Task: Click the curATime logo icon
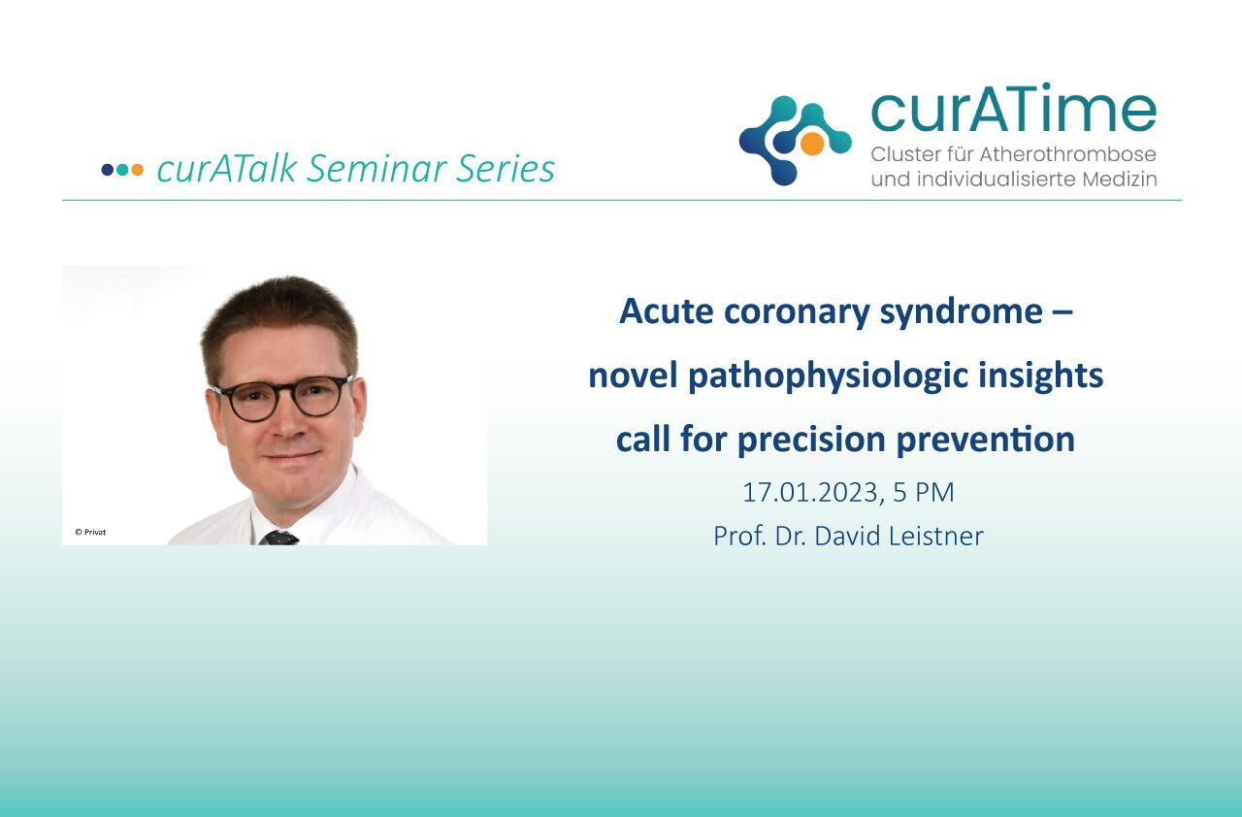pyautogui.click(x=795, y=141)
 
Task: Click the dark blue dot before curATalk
pyautogui.click(x=107, y=170)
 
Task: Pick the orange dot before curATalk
pyautogui.click(x=137, y=170)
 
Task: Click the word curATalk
pyautogui.click(x=227, y=168)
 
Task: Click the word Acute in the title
pyautogui.click(x=667, y=311)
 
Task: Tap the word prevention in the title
pyautogui.click(x=986, y=441)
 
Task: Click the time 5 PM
pyautogui.click(x=924, y=492)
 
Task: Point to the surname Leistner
pyautogui.click(x=936, y=536)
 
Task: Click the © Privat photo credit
pyautogui.click(x=90, y=532)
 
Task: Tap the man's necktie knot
pyautogui.click(x=279, y=538)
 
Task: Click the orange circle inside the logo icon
pyautogui.click(x=812, y=143)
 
